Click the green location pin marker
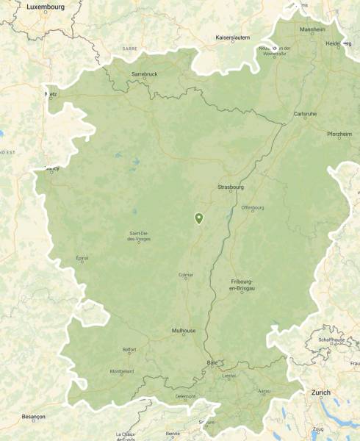pyautogui.click(x=198, y=218)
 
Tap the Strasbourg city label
pyautogui.click(x=230, y=187)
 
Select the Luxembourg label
pyautogui.click(x=45, y=7)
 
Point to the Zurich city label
pyautogui.click(x=321, y=392)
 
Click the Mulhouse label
pyautogui.click(x=184, y=331)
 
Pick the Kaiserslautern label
pyautogui.click(x=233, y=37)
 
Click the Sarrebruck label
pyautogui.click(x=145, y=74)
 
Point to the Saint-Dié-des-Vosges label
pyautogui.click(x=139, y=237)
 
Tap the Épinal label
pyautogui.click(x=82, y=258)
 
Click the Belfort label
pyautogui.click(x=129, y=349)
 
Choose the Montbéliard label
pyautogui.click(x=121, y=371)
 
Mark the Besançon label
pyautogui.click(x=33, y=416)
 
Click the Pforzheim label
pyautogui.click(x=339, y=134)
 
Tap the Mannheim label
pyautogui.click(x=312, y=29)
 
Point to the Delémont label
pyautogui.click(x=186, y=396)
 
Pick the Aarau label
pyautogui.click(x=263, y=392)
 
